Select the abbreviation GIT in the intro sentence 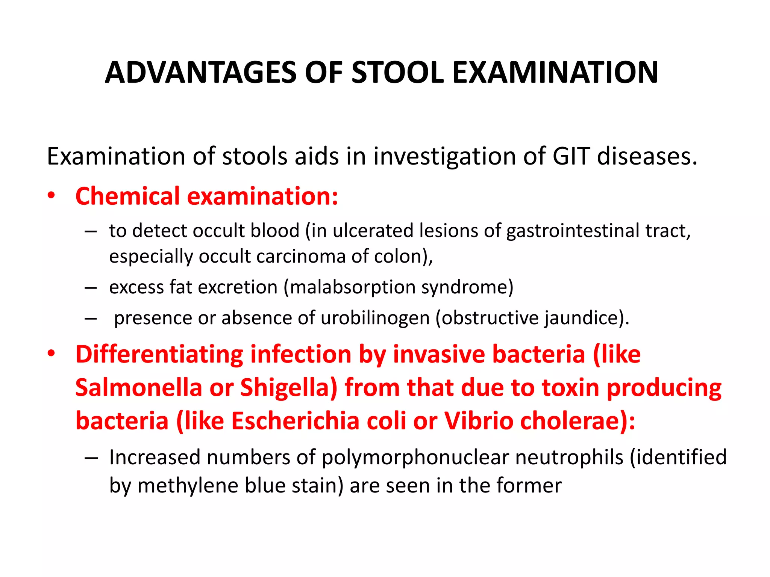tap(570, 156)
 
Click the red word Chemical tap(128, 196)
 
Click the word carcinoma tap(301, 257)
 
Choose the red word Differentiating tap(159, 354)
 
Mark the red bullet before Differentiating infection tap(51, 353)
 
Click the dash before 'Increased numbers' tap(91, 458)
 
